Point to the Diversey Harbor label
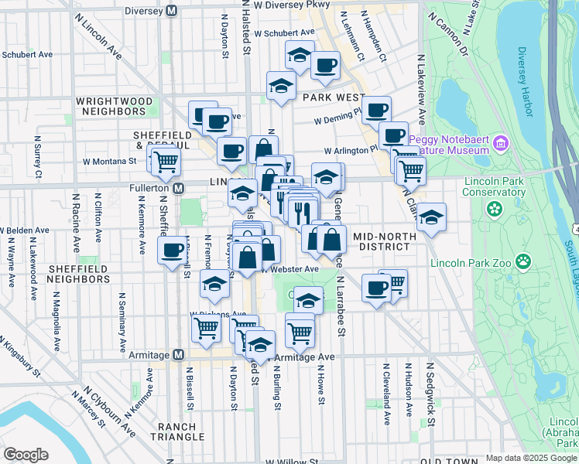tap(527, 80)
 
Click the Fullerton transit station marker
tap(178, 188)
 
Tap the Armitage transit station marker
tap(178, 354)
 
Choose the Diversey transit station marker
tap(172, 11)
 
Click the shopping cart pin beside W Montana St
tap(165, 162)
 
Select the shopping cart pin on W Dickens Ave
tap(206, 327)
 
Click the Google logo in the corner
tap(26, 454)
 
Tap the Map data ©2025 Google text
tap(530, 459)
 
